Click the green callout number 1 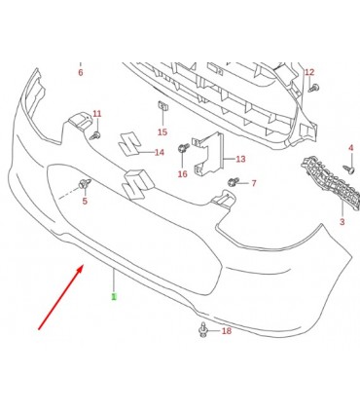tap(114, 296)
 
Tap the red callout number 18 tap(227, 331)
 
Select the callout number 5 tap(85, 201)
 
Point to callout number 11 tap(97, 114)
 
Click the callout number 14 tap(160, 152)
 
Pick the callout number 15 tap(162, 131)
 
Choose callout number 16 tap(183, 174)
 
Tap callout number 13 tap(240, 159)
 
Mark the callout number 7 tap(254, 183)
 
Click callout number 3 tap(342, 222)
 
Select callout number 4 tap(351, 148)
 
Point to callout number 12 tap(309, 72)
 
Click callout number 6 tap(81, 72)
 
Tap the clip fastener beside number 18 tap(203, 330)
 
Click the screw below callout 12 tap(315, 88)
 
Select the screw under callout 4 tap(348, 169)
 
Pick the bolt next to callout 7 tap(234, 182)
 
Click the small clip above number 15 tap(162, 105)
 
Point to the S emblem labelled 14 tap(129, 144)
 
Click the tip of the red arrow tap(84, 265)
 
